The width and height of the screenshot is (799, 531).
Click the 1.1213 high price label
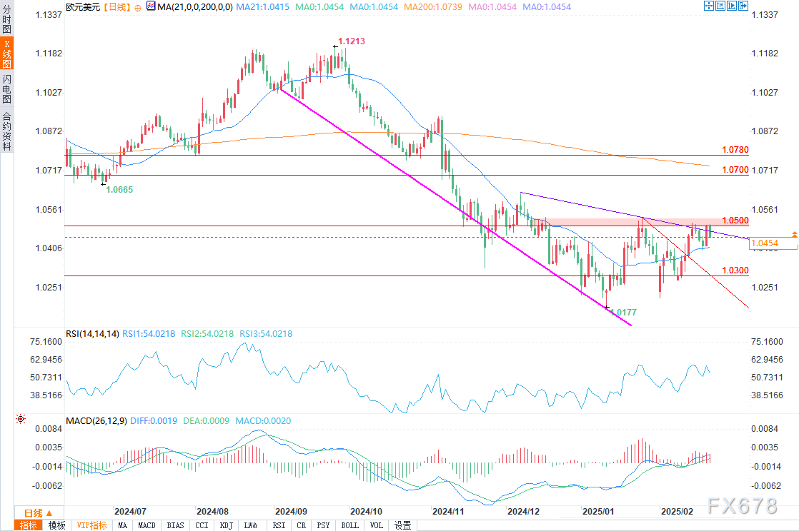click(x=352, y=41)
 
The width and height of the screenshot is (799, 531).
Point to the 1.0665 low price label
click(x=119, y=189)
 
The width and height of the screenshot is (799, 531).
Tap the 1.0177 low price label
click(x=622, y=313)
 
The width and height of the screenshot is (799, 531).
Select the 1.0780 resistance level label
click(x=735, y=150)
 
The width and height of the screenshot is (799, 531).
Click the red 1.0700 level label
click(x=735, y=170)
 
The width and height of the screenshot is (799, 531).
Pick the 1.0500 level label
click(x=735, y=221)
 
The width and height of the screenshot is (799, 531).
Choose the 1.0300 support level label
click(x=735, y=270)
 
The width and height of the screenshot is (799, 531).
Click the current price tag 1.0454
click(x=773, y=244)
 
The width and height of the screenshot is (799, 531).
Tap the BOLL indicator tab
click(x=350, y=525)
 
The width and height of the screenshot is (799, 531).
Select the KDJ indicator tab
click(x=227, y=525)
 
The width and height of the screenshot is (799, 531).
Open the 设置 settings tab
click(x=402, y=525)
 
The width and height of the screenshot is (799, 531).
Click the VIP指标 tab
click(x=92, y=525)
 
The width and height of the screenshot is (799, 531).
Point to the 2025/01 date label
click(x=599, y=512)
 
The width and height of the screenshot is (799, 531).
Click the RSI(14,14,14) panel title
click(x=91, y=333)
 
